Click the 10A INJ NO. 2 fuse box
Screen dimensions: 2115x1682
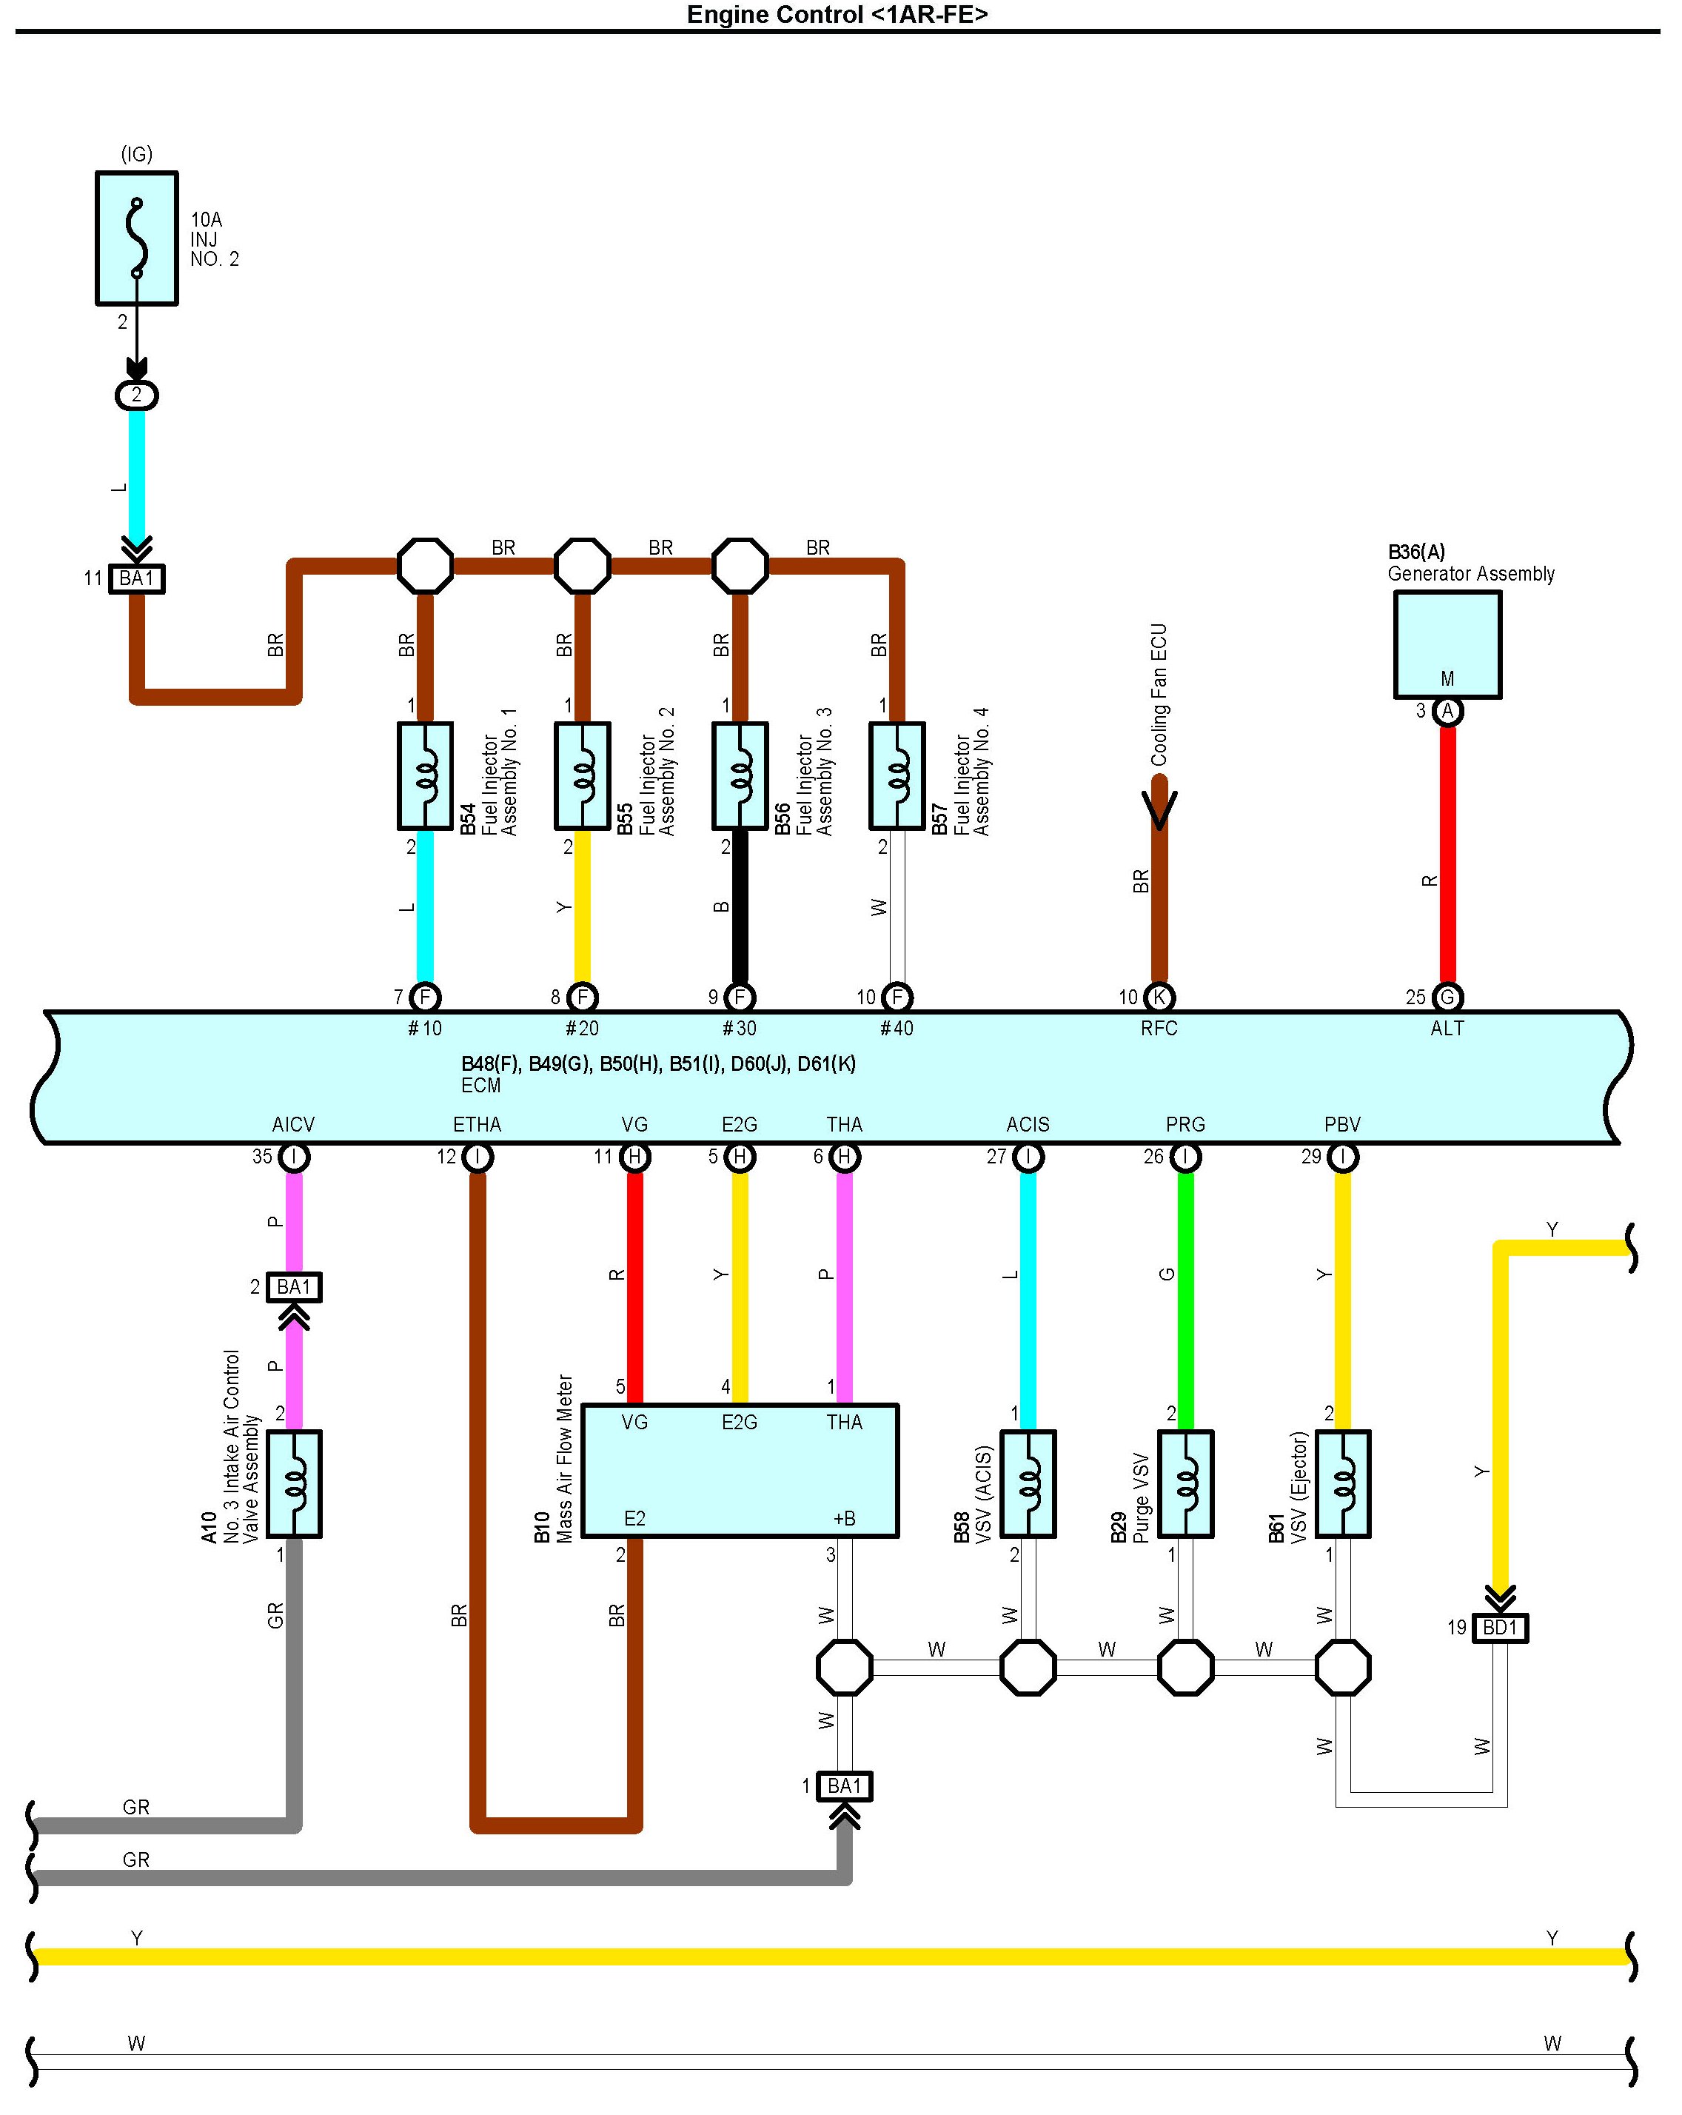(136, 238)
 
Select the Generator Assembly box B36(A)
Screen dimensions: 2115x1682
(1447, 644)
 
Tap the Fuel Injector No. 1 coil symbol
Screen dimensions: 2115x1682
(425, 775)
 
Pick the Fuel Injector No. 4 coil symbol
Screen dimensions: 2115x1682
(897, 775)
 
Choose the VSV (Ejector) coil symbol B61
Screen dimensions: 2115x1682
(1343, 1483)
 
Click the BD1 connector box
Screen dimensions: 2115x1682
(1500, 1628)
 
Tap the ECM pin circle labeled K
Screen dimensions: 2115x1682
(1159, 997)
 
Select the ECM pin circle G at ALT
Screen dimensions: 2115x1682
(1447, 997)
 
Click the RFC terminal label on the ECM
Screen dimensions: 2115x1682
(1159, 1028)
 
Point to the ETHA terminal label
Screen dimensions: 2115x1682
(477, 1124)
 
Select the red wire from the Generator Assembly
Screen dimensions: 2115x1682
(1447, 853)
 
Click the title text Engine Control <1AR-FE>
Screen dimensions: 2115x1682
(837, 15)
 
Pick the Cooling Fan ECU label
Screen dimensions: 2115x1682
(1159, 695)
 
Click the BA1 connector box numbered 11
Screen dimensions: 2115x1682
(136, 579)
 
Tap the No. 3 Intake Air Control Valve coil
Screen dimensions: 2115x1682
(293, 1483)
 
